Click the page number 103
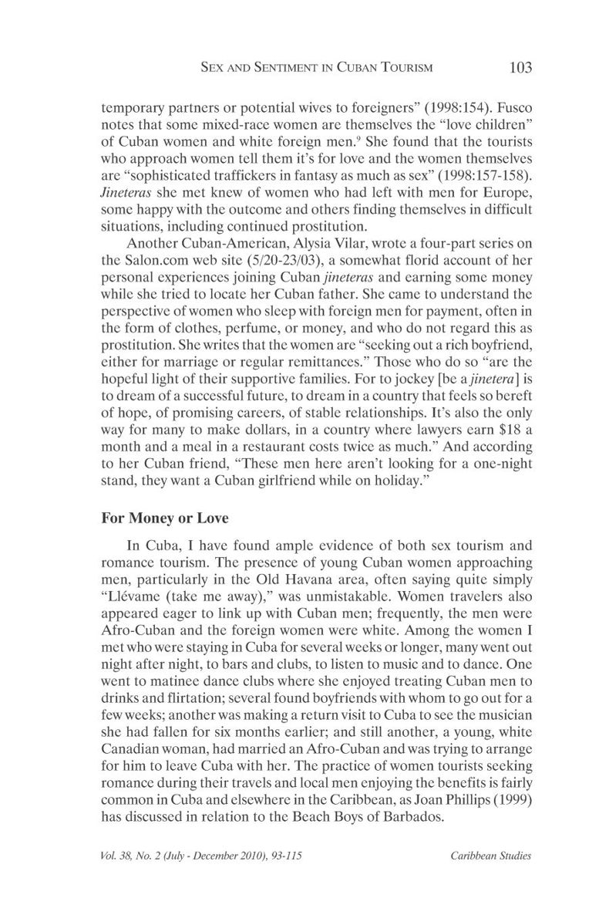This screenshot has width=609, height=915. click(x=520, y=68)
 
